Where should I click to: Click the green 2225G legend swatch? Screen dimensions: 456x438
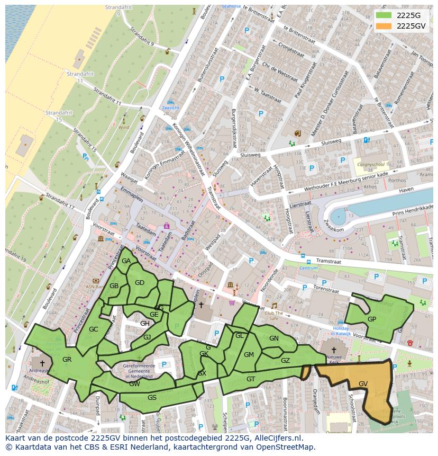pos(384,15)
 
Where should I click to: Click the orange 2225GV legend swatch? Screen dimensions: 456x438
pos(384,26)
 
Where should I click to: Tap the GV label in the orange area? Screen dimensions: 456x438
pos(363,383)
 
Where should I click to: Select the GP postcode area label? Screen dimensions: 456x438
pos(372,319)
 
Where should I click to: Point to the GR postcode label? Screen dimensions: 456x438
pos(67,360)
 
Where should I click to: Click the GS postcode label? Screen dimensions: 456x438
pos(152,397)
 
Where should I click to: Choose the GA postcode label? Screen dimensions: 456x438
pos(126,261)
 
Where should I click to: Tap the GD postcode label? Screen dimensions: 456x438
pos(140,283)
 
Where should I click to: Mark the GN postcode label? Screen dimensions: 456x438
pos(273,338)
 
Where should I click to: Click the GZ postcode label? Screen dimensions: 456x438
pos(285,361)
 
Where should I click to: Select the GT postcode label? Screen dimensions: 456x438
pos(251,379)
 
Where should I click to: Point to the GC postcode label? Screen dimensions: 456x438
pos(94,329)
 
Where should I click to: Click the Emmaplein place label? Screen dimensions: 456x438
pos(131,189)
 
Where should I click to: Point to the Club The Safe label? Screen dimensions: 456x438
pos(274,315)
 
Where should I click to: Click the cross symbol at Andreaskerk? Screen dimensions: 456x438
pos(42,363)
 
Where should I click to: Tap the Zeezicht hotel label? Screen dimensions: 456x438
pos(171,108)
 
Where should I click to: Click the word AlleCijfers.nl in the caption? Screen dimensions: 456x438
pos(276,438)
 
